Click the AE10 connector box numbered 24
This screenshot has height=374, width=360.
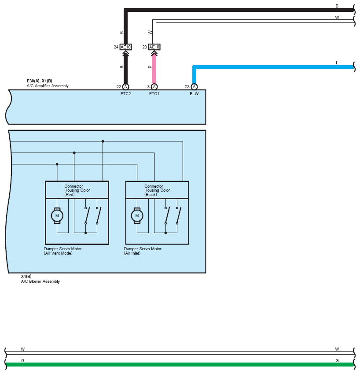pyautogui.click(x=125, y=47)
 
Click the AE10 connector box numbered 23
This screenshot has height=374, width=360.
pyautogui.click(x=154, y=47)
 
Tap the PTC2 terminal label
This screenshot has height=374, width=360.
pyautogui.click(x=125, y=94)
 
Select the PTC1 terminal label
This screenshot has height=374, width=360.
pyautogui.click(x=154, y=94)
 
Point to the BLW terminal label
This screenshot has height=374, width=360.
pyautogui.click(x=194, y=94)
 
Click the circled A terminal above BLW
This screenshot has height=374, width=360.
pyautogui.click(x=194, y=87)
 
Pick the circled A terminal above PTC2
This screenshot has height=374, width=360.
pyautogui.click(x=125, y=87)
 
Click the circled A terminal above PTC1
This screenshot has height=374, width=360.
pyautogui.click(x=154, y=87)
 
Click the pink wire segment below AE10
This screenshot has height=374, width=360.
pyautogui.click(x=154, y=70)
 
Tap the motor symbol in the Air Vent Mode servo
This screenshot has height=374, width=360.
pyautogui.click(x=57, y=215)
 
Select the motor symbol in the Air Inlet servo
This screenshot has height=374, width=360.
pyautogui.click(x=137, y=215)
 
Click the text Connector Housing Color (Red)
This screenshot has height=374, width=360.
pyautogui.click(x=77, y=190)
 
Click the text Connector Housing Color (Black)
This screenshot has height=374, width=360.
pyautogui.click(x=157, y=190)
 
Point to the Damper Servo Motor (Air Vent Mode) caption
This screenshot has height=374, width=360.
pyautogui.click(x=62, y=251)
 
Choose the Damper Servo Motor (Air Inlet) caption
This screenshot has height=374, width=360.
pyautogui.click(x=143, y=251)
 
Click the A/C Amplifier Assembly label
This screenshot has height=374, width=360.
pyautogui.click(x=48, y=86)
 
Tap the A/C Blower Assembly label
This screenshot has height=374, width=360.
pyautogui.click(x=40, y=281)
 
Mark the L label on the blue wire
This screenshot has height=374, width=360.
pyautogui.click(x=337, y=63)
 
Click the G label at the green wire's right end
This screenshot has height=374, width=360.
pyautogui.click(x=337, y=361)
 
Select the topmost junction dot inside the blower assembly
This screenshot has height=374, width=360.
pyautogui.click(x=103, y=141)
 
